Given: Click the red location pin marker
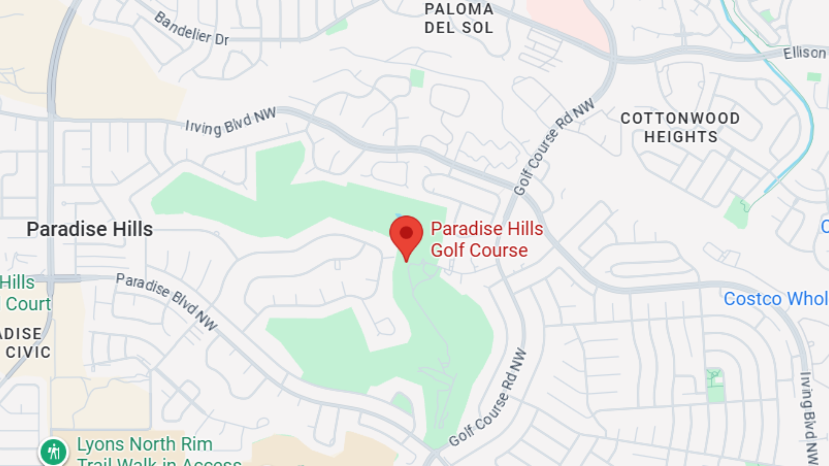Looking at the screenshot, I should pyautogui.click(x=406, y=234).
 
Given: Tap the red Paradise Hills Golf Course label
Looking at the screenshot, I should pyautogui.click(x=486, y=239).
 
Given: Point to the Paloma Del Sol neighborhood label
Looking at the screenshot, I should pyautogui.click(x=459, y=19).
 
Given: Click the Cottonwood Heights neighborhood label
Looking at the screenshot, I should pyautogui.click(x=680, y=128).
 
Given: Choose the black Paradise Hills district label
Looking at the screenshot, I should pyautogui.click(x=90, y=229).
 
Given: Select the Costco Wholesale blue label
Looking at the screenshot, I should pyautogui.click(x=775, y=299).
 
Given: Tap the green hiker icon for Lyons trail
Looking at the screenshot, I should pyautogui.click(x=54, y=452).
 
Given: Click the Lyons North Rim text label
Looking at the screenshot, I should pyautogui.click(x=145, y=444).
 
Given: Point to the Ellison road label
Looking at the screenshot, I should pyautogui.click(x=804, y=53).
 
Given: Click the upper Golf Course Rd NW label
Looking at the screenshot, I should pyautogui.click(x=554, y=147).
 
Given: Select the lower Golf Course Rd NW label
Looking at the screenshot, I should pyautogui.click(x=488, y=398).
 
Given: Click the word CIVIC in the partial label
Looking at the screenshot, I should pyautogui.click(x=28, y=353).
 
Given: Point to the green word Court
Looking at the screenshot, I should pyautogui.click(x=28, y=304).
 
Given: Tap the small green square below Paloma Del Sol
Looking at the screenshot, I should pyautogui.click(x=417, y=78).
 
